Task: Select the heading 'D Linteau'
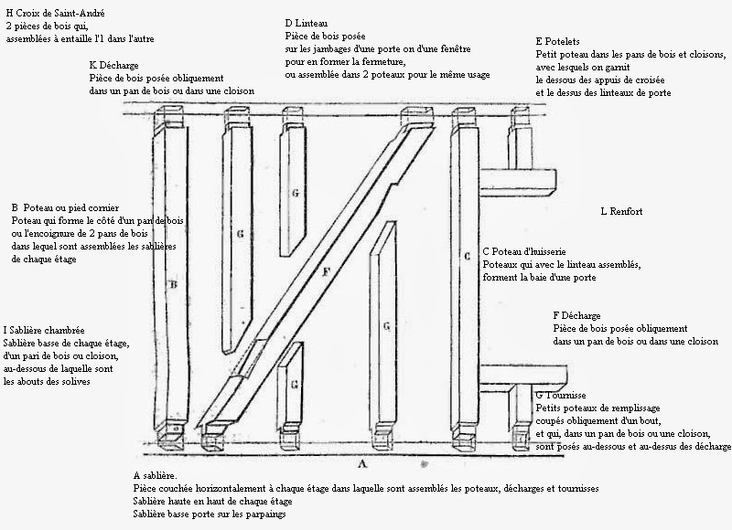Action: pos(307,23)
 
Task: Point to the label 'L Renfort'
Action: pos(621,211)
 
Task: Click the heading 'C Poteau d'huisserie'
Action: pos(528,250)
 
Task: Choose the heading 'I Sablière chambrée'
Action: pos(44,330)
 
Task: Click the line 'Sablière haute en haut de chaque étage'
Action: pos(213,502)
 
